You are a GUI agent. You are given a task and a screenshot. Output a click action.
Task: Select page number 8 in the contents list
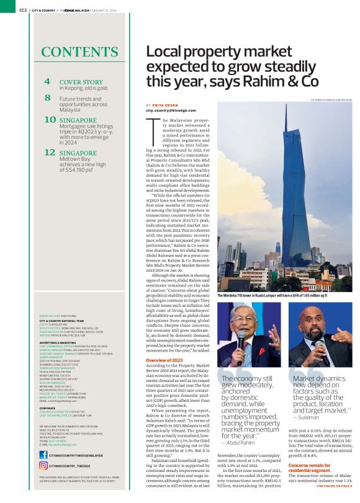tap(47, 97)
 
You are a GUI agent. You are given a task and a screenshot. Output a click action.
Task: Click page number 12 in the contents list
tap(50, 151)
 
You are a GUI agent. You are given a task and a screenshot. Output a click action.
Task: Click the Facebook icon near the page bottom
tap(43, 455)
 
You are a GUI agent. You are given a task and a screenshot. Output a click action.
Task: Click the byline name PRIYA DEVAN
tap(164, 105)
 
